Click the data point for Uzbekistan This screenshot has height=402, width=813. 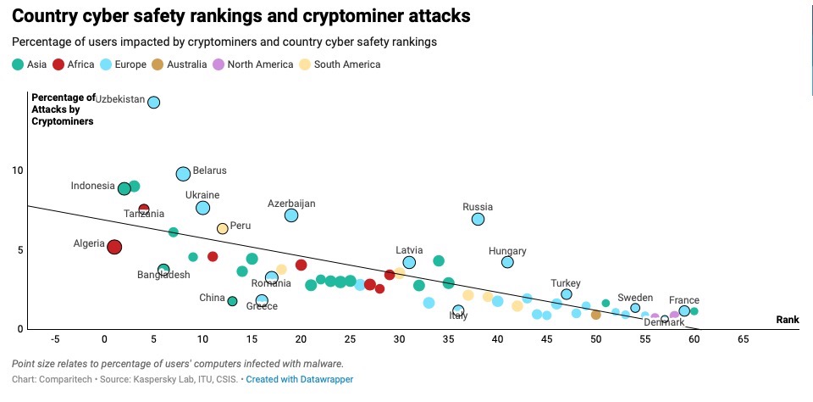click(x=153, y=103)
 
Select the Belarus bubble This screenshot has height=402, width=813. click(x=183, y=174)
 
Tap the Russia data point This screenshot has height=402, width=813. click(x=478, y=219)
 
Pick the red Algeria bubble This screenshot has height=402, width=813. click(x=114, y=247)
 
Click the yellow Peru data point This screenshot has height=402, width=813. click(x=222, y=228)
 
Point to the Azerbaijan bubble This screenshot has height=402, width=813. click(x=291, y=215)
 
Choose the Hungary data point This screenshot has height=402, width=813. click(x=507, y=262)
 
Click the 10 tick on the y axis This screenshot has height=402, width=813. click(x=18, y=170)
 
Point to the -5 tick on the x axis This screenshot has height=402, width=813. click(x=55, y=339)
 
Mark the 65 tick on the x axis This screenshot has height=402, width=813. click(x=743, y=339)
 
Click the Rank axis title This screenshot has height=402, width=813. click(x=788, y=320)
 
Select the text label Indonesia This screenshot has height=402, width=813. click(x=92, y=187)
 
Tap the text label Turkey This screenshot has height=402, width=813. click(x=565, y=283)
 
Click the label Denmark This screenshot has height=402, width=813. click(x=664, y=322)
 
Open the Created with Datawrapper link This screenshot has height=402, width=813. click(x=300, y=379)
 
